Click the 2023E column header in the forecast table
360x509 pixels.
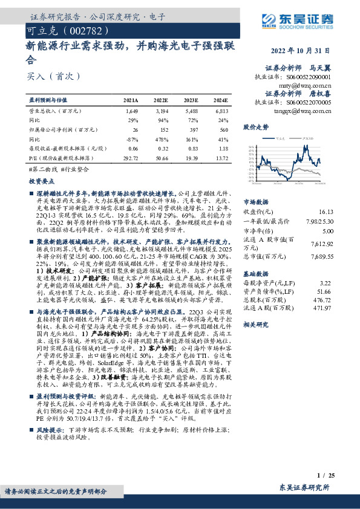coord(192,100)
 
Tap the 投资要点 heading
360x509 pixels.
coord(41,181)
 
